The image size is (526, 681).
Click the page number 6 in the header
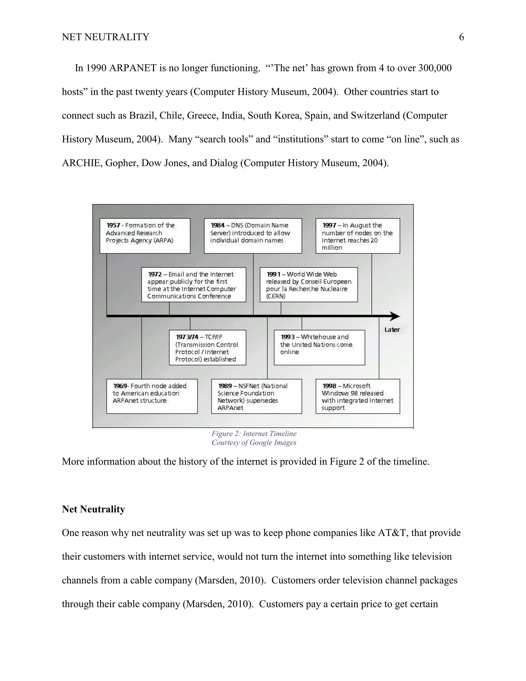pyautogui.click(x=461, y=37)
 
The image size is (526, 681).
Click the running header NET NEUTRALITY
pyautogui.click(x=105, y=37)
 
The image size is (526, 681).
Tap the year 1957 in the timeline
pyautogui.click(x=113, y=225)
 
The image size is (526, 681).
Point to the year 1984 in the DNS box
pyautogui.click(x=218, y=225)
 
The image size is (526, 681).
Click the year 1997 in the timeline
pyautogui.click(x=329, y=225)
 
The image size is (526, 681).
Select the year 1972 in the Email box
pyautogui.click(x=155, y=274)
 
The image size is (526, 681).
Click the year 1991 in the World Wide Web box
pyautogui.click(x=273, y=274)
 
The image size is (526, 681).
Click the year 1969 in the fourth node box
pyautogui.click(x=120, y=386)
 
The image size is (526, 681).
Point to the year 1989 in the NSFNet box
pyautogui.click(x=225, y=386)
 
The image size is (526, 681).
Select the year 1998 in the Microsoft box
pyautogui.click(x=329, y=386)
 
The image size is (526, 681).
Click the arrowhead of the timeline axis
pyautogui.click(x=395, y=316)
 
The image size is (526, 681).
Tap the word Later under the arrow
pyautogui.click(x=392, y=330)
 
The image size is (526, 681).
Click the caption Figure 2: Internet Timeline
pyautogui.click(x=254, y=434)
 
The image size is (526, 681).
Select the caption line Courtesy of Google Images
pyautogui.click(x=254, y=443)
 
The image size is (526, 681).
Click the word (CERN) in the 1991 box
pyautogui.click(x=276, y=296)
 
